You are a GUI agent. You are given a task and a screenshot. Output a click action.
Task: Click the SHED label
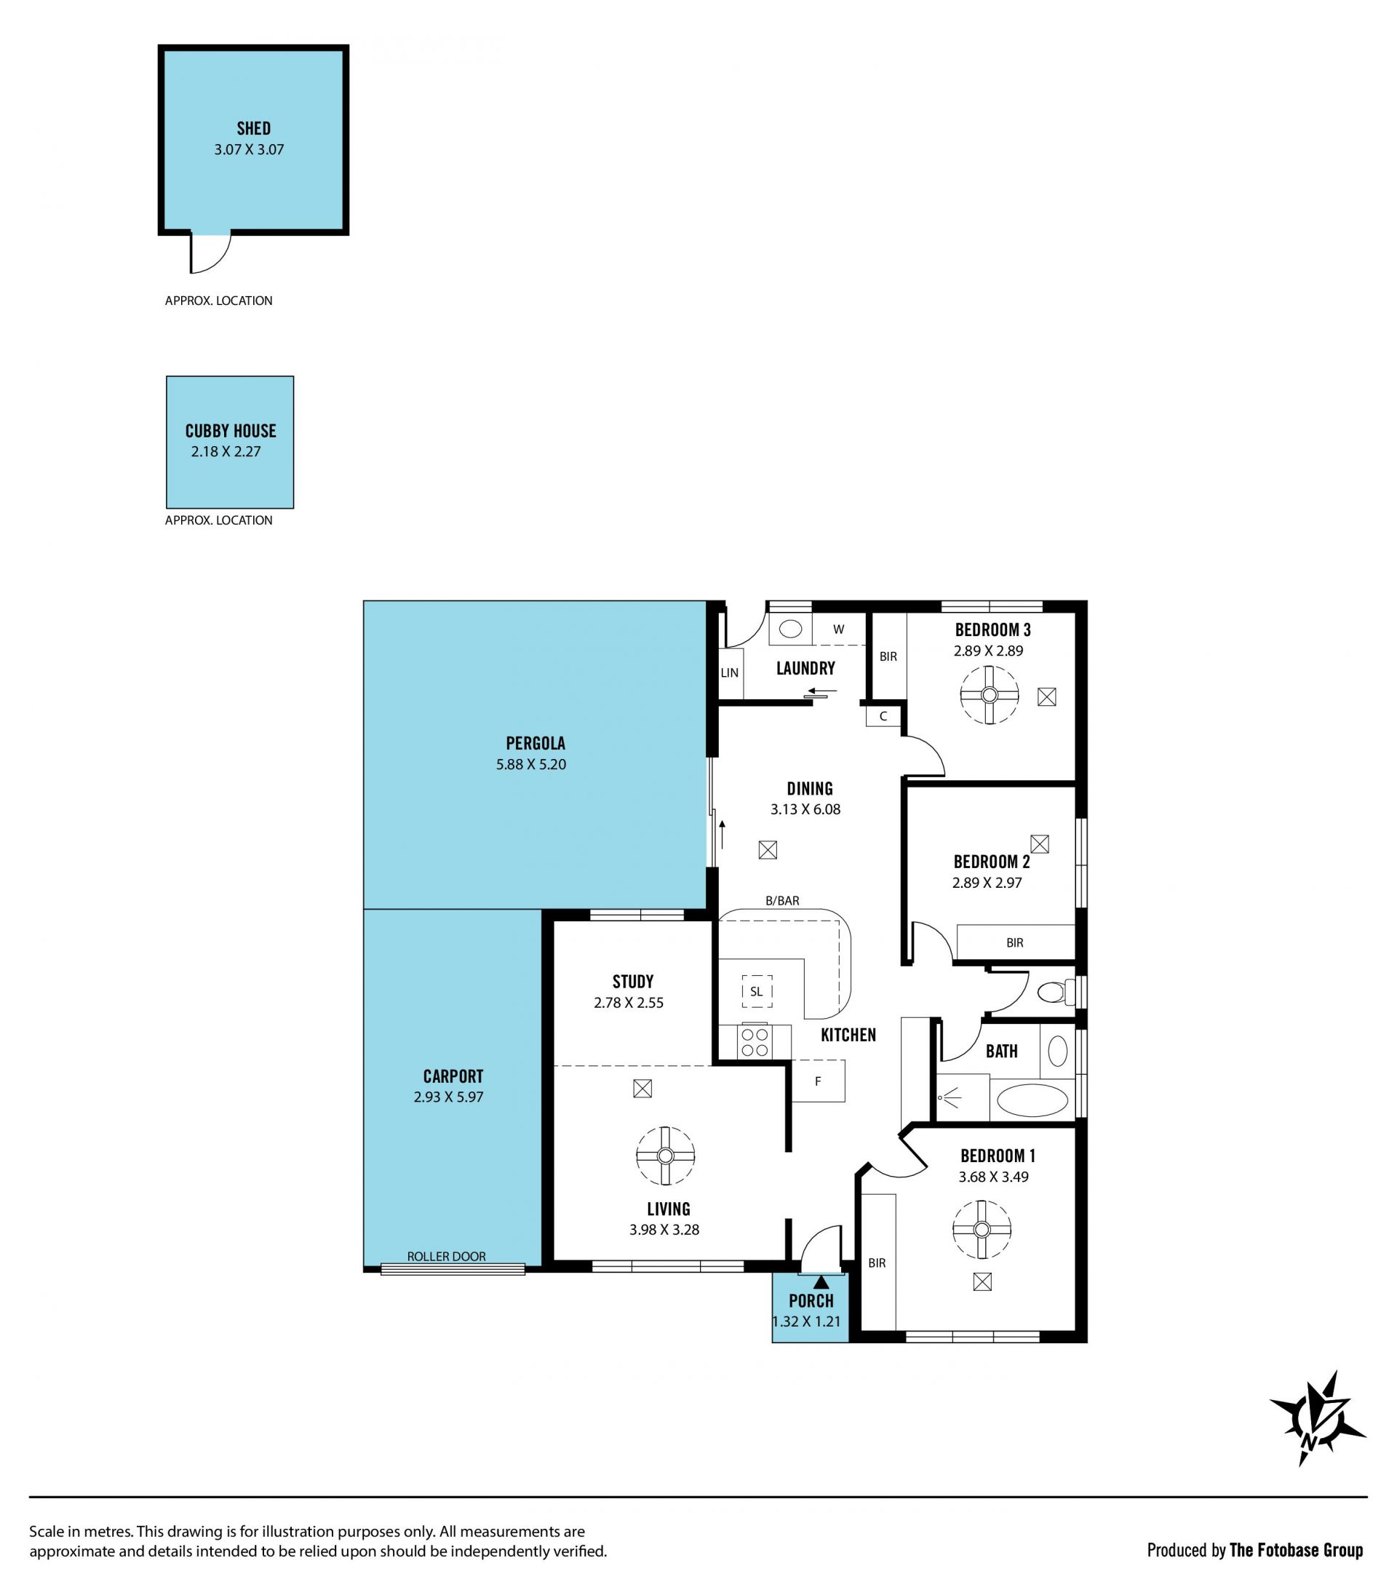pyautogui.click(x=254, y=128)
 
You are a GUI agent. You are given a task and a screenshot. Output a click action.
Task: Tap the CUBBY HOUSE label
pyautogui.click(x=230, y=431)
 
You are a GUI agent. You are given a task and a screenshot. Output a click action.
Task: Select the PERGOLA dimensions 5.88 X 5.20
pyautogui.click(x=531, y=764)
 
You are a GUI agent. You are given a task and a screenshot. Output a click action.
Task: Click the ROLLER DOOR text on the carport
pyautogui.click(x=447, y=1256)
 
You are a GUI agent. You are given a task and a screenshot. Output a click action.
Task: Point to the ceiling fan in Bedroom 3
pyautogui.click(x=990, y=695)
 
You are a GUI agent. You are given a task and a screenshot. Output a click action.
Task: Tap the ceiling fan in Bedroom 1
pyautogui.click(x=982, y=1230)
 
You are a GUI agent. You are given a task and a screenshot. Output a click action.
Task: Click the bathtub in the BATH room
pyautogui.click(x=1032, y=1101)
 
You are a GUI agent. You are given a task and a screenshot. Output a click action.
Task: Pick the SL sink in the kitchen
pyautogui.click(x=757, y=991)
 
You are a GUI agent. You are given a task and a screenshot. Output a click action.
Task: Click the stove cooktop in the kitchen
pyautogui.click(x=754, y=1042)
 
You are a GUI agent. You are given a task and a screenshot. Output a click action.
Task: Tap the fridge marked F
pyautogui.click(x=818, y=1081)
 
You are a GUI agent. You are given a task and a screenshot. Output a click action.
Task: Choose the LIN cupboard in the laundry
pyautogui.click(x=730, y=672)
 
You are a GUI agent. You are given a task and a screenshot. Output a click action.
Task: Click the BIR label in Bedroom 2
pyautogui.click(x=1015, y=943)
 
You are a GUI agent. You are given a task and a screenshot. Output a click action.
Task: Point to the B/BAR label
pyautogui.click(x=782, y=901)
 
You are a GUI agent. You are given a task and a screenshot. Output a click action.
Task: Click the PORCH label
pyautogui.click(x=811, y=1300)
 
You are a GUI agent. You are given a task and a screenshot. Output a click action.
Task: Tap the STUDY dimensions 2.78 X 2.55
pyautogui.click(x=629, y=1003)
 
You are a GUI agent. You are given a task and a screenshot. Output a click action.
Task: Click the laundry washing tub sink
pyautogui.click(x=790, y=629)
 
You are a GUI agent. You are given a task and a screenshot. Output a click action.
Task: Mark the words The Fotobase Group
pyautogui.click(x=1296, y=1550)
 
